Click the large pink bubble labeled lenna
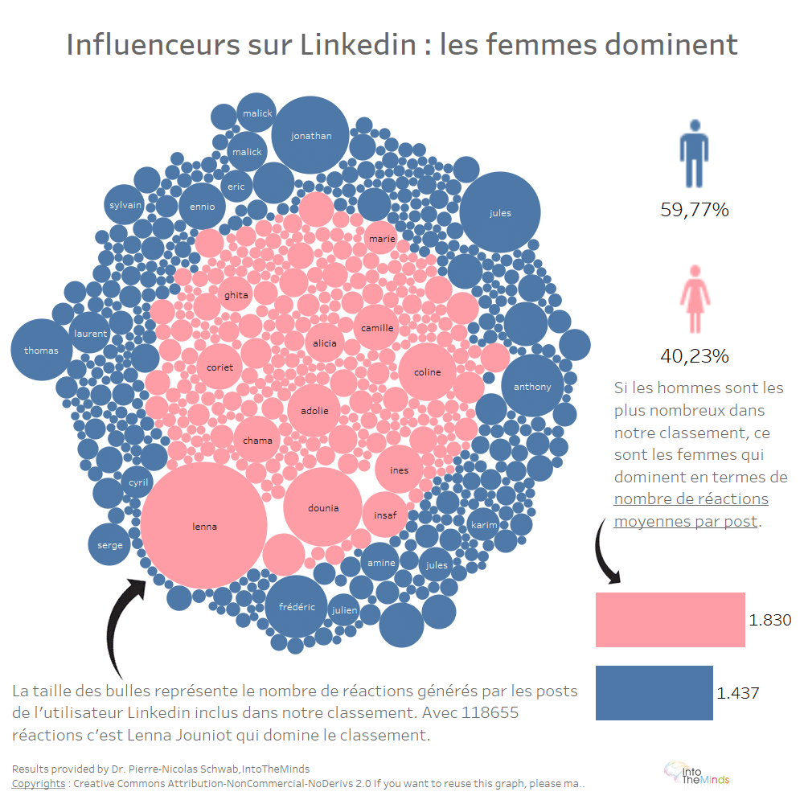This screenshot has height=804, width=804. pyautogui.click(x=205, y=527)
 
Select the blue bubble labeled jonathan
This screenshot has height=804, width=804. pyautogui.click(x=310, y=136)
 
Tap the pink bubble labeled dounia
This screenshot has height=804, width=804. pyautogui.click(x=322, y=507)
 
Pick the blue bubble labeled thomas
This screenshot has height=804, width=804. pyautogui.click(x=41, y=350)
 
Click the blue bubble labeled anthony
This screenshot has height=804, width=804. pyautogui.click(x=532, y=387)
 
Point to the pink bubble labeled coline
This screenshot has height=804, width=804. pyautogui.click(x=427, y=371)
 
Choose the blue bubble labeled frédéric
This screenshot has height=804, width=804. pyautogui.click(x=296, y=606)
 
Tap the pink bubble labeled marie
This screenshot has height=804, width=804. pyautogui.click(x=381, y=238)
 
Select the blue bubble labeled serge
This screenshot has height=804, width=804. pyautogui.click(x=110, y=544)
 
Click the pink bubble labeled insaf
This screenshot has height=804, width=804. pyautogui.click(x=385, y=515)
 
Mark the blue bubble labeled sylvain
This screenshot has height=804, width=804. pyautogui.click(x=125, y=205)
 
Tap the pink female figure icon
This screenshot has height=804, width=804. pyautogui.click(x=694, y=297)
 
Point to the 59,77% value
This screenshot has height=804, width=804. pyautogui.click(x=694, y=211)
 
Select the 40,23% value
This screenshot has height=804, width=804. pyautogui.click(x=694, y=355)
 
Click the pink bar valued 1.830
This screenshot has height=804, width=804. pyautogui.click(x=670, y=620)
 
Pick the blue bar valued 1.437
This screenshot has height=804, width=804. pyautogui.click(x=654, y=692)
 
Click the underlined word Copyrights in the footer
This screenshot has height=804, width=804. pyautogui.click(x=39, y=783)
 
